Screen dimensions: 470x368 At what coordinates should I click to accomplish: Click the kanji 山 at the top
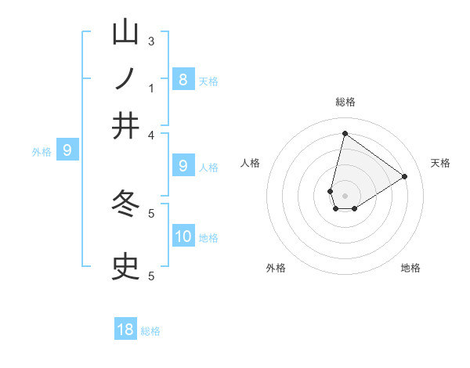126,33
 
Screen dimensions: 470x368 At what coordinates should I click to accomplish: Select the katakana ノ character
126,79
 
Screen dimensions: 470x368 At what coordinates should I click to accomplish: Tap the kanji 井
126,125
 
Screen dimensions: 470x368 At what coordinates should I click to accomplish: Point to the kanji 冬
126,204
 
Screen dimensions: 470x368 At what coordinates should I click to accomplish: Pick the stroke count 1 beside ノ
151,88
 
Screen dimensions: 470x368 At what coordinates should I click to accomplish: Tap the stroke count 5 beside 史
151,276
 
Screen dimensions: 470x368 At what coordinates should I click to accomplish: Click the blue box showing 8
183,79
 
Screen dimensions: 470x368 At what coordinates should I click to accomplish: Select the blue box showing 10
183,236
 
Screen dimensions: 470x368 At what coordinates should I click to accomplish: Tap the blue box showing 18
125,330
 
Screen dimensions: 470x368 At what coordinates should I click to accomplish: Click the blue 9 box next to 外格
67,150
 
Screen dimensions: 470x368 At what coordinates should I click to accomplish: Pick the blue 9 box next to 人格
183,165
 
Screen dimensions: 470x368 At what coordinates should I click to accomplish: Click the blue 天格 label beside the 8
208,81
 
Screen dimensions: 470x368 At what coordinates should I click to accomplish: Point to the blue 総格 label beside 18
150,331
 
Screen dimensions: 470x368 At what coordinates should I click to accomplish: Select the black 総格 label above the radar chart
345,102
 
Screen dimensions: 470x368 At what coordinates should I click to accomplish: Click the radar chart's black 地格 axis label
410,268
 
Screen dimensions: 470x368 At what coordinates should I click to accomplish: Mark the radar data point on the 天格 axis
405,176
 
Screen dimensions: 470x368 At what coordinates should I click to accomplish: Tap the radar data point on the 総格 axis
345,133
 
